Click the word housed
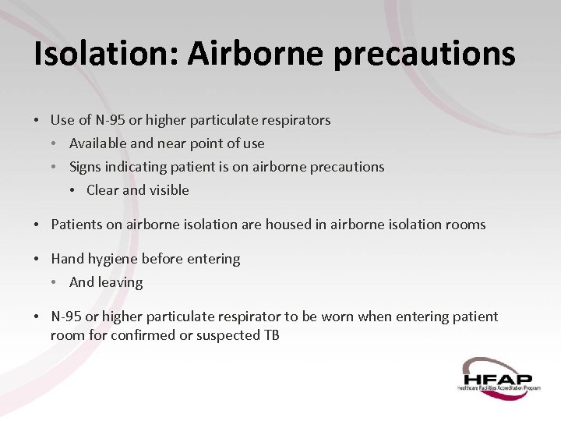click(286, 225)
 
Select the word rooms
click(466, 225)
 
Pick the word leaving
click(120, 282)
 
